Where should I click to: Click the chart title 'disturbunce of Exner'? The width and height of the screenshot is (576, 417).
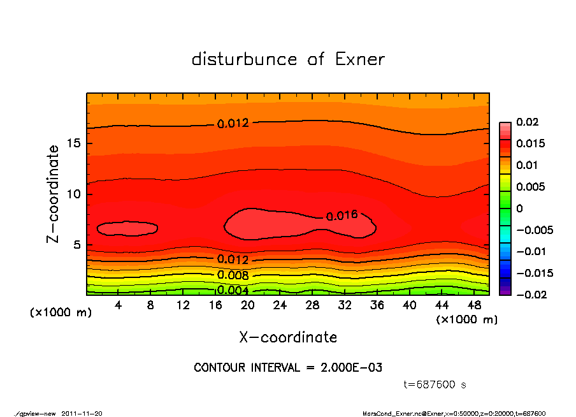tap(288, 60)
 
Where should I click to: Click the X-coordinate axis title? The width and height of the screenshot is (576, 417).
tap(288, 337)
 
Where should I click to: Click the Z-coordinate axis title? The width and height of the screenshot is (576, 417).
tap(54, 194)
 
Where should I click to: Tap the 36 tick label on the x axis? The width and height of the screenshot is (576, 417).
tap(377, 305)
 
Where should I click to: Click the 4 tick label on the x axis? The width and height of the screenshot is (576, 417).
tap(119, 305)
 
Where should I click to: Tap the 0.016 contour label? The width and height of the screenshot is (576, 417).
tap(342, 216)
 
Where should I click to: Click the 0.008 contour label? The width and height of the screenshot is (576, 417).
tap(233, 275)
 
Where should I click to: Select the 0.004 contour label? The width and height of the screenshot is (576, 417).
tap(233, 290)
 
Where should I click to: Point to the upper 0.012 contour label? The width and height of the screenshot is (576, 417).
tap(233, 124)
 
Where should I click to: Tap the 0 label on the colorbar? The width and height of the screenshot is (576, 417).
tap(519, 208)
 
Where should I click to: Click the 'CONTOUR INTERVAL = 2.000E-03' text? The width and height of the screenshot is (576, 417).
tap(288, 368)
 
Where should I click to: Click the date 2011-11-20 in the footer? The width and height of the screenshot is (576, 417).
tap(82, 413)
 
